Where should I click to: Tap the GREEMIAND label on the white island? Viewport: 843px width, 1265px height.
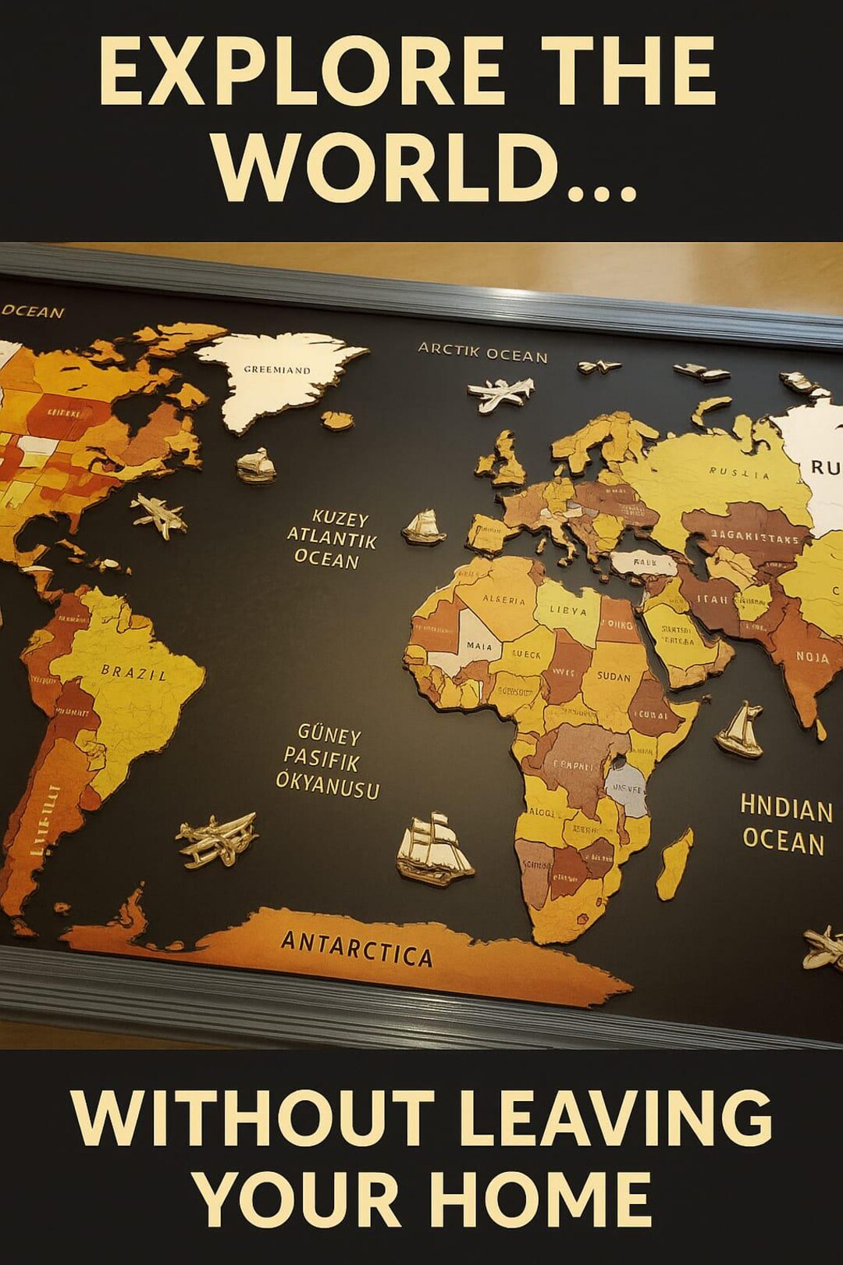click(277, 369)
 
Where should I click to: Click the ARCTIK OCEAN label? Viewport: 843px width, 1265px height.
click(482, 353)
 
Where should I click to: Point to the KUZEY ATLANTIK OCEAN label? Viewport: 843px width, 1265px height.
click(332, 540)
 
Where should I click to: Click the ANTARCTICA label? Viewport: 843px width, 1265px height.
click(357, 948)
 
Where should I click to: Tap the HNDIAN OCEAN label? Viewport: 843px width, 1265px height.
click(784, 825)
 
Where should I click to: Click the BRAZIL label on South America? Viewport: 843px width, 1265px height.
click(133, 672)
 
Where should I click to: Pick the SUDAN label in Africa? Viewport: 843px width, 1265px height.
click(614, 676)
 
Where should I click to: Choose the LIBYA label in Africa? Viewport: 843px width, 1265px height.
click(568, 610)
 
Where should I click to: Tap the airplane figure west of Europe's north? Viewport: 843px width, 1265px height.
click(502, 394)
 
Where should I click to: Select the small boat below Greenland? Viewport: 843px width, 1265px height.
click(257, 465)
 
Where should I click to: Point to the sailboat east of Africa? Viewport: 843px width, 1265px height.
click(741, 729)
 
